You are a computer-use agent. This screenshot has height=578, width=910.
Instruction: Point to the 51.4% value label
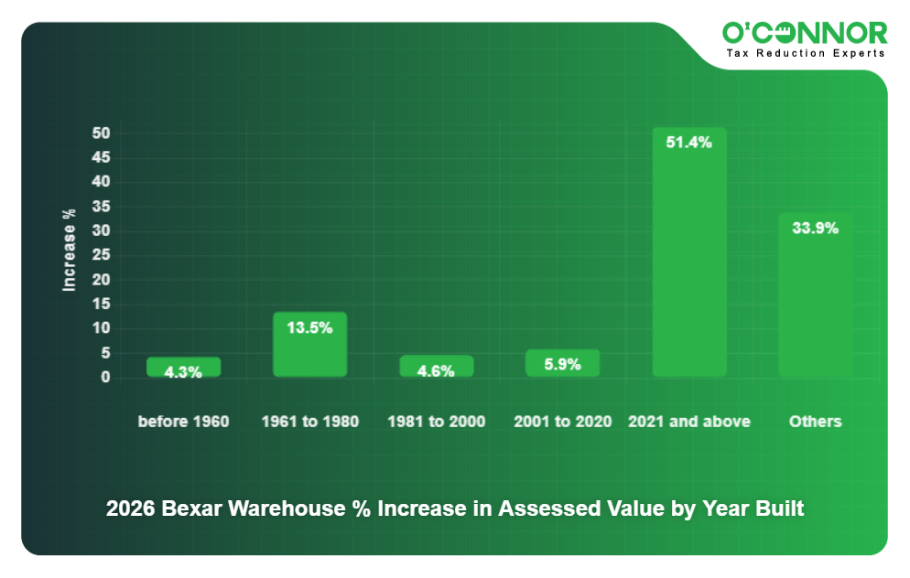(688, 143)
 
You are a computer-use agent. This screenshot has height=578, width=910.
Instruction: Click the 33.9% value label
(815, 229)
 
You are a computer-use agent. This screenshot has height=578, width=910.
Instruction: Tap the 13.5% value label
(309, 327)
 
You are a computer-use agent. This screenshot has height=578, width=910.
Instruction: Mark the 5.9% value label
(562, 364)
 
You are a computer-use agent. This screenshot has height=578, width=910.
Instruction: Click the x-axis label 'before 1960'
(183, 422)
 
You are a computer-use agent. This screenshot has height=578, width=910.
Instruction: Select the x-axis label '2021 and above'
(688, 422)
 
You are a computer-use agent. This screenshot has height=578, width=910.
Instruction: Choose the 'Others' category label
(815, 422)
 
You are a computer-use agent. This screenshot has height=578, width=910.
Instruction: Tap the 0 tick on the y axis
(105, 377)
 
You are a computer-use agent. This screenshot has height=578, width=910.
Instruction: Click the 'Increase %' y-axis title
(70, 250)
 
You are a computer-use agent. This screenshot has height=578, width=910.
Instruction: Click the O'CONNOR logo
(805, 33)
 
